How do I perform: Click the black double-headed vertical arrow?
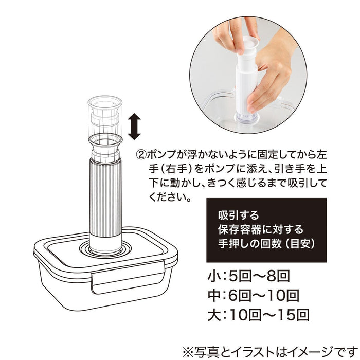pyautogui.click(x=134, y=127)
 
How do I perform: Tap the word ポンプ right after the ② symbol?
pyautogui.click(x=160, y=154)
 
